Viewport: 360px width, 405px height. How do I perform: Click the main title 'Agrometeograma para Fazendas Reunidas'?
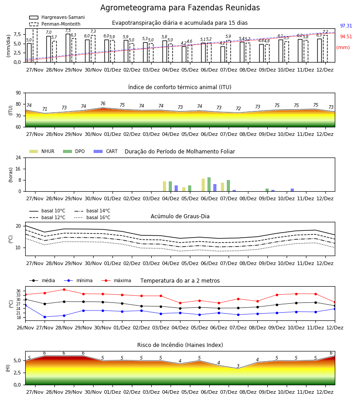180,8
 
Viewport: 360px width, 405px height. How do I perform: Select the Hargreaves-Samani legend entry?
57,17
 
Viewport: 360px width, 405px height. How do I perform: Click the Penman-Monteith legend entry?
55,24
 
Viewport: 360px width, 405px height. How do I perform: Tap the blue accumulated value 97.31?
346,26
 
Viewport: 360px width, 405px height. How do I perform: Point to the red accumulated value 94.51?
346,37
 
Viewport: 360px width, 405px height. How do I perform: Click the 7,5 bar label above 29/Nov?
68,31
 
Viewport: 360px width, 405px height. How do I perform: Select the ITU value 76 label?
103,103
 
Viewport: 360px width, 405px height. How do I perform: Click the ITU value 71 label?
45,109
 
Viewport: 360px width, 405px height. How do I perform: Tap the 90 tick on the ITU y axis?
18,93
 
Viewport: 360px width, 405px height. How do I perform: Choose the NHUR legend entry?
41,151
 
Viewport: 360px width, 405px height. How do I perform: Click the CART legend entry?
105,151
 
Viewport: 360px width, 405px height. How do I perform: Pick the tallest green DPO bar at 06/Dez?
209,184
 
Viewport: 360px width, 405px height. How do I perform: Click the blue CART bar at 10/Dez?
292,190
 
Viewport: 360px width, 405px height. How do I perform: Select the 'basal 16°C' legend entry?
92,217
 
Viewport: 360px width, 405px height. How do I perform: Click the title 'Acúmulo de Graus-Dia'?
180,216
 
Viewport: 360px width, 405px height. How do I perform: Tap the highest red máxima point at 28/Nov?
64,289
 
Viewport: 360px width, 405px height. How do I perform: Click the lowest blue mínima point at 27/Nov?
45,317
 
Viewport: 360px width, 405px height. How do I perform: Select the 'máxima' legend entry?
116,280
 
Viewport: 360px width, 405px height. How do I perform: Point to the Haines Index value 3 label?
238,366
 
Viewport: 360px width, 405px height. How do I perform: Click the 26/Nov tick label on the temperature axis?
25,328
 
